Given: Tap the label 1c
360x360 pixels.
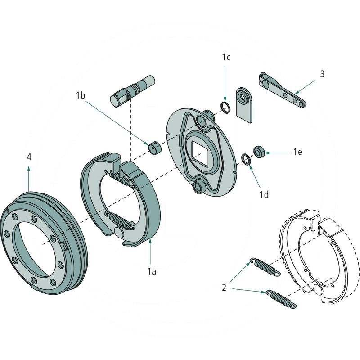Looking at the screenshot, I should (x=226, y=57).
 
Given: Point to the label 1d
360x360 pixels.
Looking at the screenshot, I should (x=265, y=194).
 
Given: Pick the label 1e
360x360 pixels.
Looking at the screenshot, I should (x=297, y=153).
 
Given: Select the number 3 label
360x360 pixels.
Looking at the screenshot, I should (x=322, y=74).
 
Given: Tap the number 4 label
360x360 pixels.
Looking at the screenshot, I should (x=29, y=157).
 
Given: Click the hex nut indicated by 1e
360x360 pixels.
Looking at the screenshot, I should (x=259, y=152).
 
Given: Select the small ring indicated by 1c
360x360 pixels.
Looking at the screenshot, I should (x=225, y=107).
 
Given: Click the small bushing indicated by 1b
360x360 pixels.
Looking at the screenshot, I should (x=155, y=148).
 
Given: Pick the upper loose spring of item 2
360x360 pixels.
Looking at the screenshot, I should (x=265, y=266).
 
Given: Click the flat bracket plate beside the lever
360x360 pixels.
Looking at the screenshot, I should (x=245, y=104).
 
